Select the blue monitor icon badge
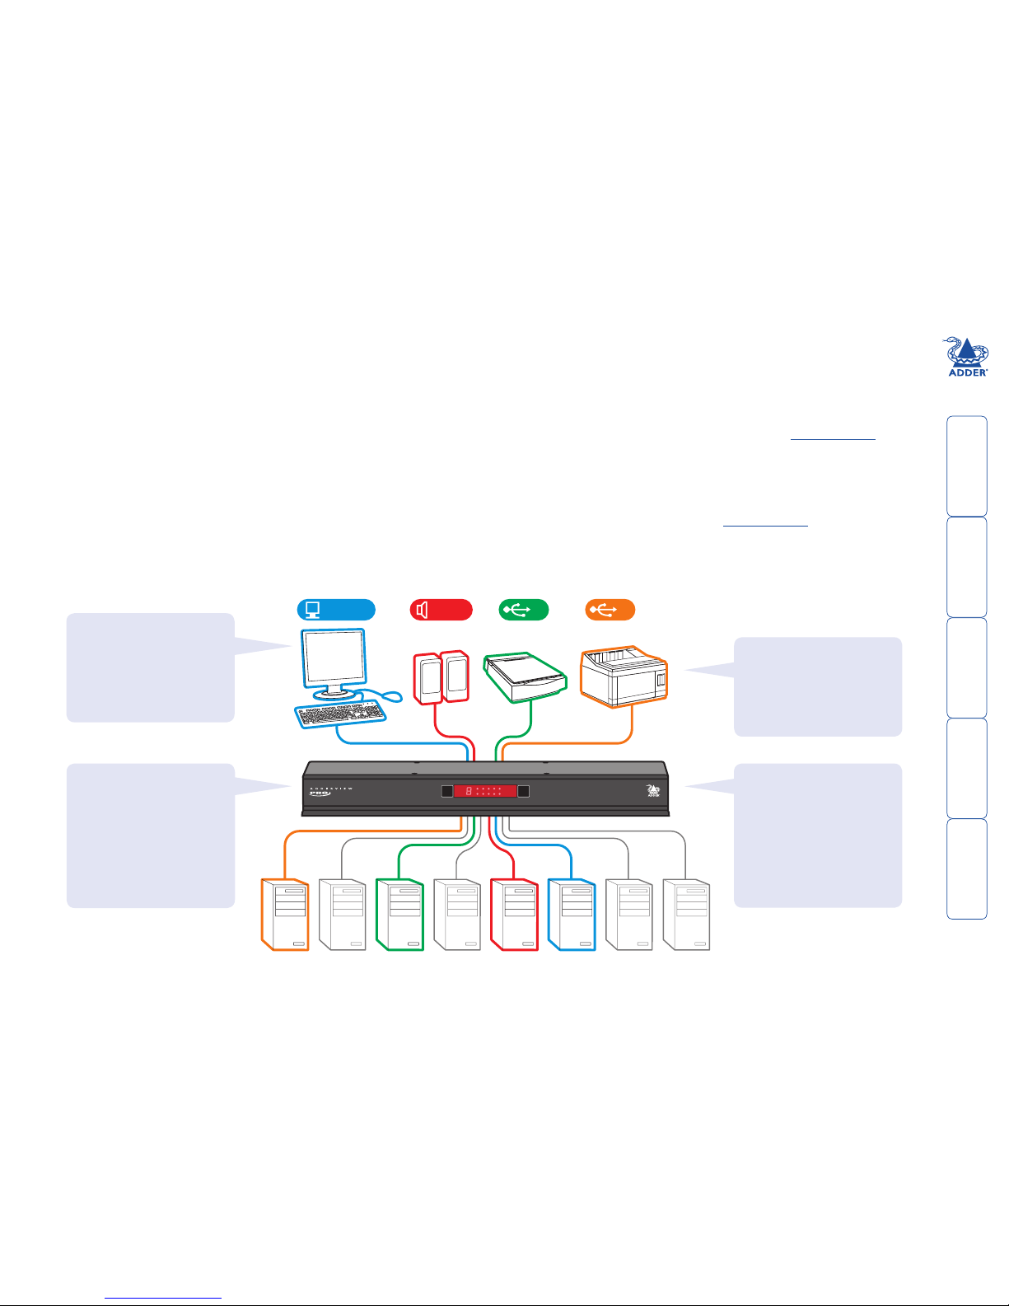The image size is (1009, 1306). [x=335, y=610]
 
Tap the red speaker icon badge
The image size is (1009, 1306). [x=441, y=610]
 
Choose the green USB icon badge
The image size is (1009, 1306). [x=524, y=610]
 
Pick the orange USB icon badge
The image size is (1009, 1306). [x=610, y=610]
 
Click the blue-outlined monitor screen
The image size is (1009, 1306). [x=333, y=659]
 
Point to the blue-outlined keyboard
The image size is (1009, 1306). [x=339, y=714]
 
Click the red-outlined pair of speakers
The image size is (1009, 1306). [x=441, y=677]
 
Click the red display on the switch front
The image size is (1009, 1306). [x=485, y=791]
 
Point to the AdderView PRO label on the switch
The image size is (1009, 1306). [x=330, y=792]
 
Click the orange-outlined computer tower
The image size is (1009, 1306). [x=285, y=915]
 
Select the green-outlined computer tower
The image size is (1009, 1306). [x=399, y=915]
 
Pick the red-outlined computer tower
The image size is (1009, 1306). [x=514, y=915]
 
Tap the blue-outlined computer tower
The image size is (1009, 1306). [x=571, y=915]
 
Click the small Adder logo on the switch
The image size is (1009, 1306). [x=654, y=792]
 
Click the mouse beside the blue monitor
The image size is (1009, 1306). [x=393, y=696]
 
